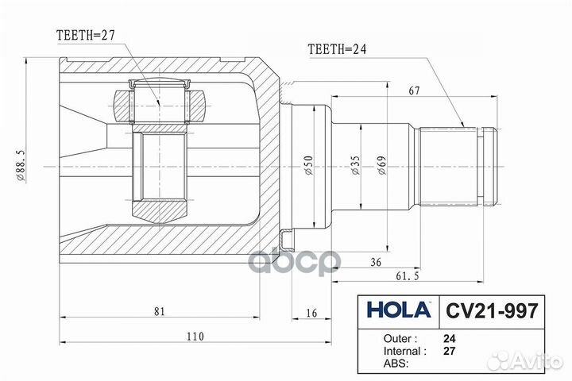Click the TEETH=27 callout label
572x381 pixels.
point(87,36)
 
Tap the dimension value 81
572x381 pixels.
point(160,312)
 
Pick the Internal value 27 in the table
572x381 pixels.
point(450,349)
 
